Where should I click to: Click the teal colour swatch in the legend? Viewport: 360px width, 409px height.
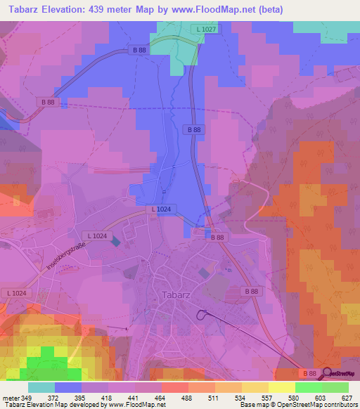pos(41,387)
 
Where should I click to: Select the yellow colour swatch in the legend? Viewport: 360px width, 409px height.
pos(282,387)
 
